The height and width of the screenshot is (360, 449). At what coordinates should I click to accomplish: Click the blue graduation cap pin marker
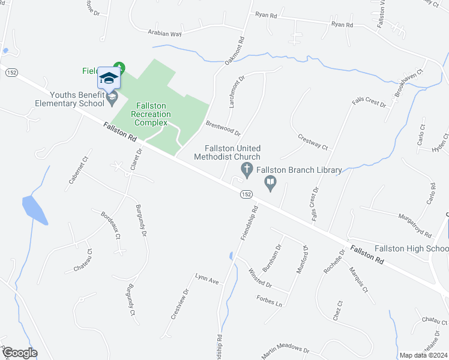click(x=109, y=79)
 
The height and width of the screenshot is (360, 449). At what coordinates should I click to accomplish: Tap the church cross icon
click(x=246, y=170)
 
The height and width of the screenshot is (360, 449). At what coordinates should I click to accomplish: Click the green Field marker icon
click(x=120, y=67)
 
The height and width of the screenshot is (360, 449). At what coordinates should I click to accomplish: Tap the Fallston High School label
click(x=411, y=249)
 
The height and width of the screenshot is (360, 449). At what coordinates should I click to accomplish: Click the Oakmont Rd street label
click(x=235, y=52)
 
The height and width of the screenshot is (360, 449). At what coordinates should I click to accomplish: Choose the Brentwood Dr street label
click(x=223, y=128)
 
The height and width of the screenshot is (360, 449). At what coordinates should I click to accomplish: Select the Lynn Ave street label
click(x=206, y=278)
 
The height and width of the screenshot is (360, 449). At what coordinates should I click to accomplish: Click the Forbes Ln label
click(x=269, y=301)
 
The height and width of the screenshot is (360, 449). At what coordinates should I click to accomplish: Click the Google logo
click(x=19, y=353)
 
